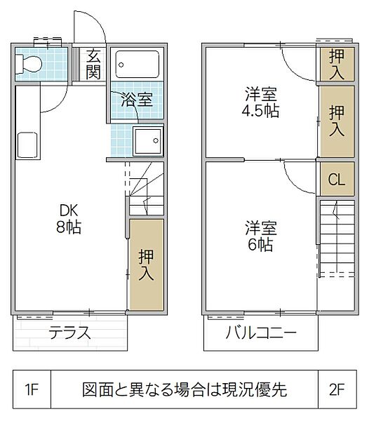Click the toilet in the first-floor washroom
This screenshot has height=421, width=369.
pyautogui.click(x=30, y=65)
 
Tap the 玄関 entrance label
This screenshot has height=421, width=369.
pyautogui.click(x=93, y=64)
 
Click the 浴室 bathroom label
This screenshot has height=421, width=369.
pyautogui.click(x=137, y=99)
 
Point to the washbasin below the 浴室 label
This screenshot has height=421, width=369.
pyautogui.click(x=147, y=141)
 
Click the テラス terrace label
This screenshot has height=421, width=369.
pyautogui.click(x=70, y=333)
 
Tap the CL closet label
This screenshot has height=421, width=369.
pyautogui.click(x=337, y=180)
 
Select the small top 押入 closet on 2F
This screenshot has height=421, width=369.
pyautogui.click(x=337, y=64)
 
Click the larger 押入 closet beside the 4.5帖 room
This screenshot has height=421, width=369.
pyautogui.click(x=337, y=121)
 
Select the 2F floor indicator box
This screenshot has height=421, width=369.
pyautogui.click(x=339, y=388)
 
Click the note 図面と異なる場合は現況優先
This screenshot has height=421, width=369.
pyautogui.click(x=184, y=388)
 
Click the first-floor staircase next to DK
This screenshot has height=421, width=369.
pyautogui.click(x=145, y=189)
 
